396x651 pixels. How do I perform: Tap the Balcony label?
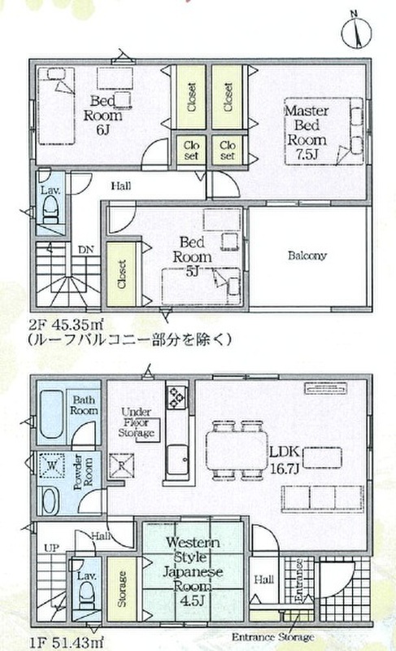click(x=307, y=255)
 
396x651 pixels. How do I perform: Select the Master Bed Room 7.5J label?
click(x=307, y=132)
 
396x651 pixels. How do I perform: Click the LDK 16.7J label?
click(x=285, y=460)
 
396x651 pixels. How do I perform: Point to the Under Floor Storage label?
click(x=136, y=422)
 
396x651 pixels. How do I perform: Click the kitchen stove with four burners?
click(x=176, y=396)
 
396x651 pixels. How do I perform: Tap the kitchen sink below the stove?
click(x=178, y=460)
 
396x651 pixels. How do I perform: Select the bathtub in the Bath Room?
click(x=51, y=414)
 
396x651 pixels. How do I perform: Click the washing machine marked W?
click(x=52, y=465)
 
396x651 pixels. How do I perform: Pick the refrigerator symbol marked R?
click(x=121, y=465)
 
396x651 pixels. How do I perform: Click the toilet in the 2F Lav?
click(x=51, y=209)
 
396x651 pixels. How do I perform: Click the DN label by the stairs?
click(x=86, y=250)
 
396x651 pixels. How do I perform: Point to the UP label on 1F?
click(x=51, y=548)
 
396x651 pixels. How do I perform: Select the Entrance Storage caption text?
click(x=272, y=636)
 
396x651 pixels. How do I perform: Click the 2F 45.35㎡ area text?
click(x=66, y=323)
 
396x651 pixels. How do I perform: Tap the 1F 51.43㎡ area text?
click(x=66, y=642)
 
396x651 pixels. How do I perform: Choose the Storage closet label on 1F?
click(x=121, y=588)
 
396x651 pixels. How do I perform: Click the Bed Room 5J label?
click(x=192, y=256)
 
